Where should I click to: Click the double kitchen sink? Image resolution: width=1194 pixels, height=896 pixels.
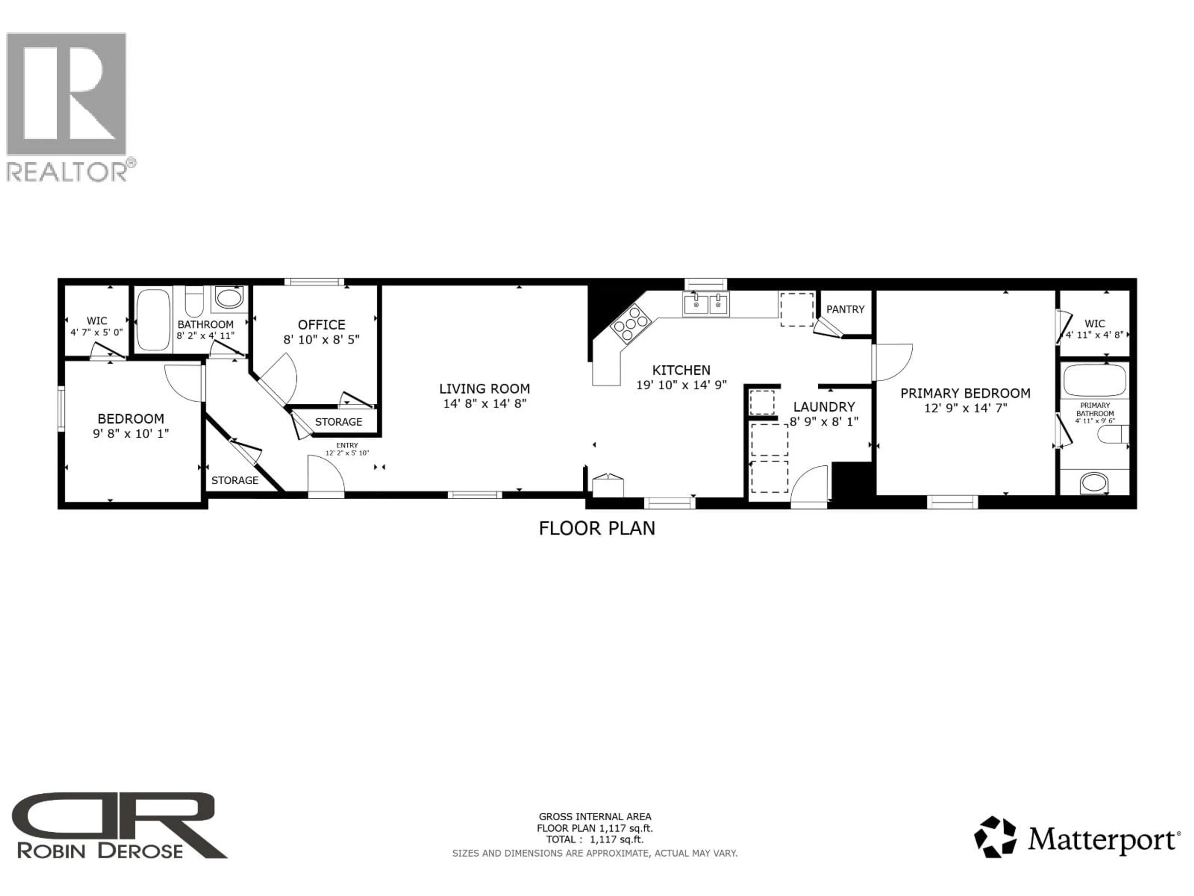click(x=706, y=304)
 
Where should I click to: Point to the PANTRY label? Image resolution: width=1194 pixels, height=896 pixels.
click(x=845, y=310)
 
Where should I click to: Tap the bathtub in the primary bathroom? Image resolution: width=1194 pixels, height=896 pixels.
click(x=1095, y=380)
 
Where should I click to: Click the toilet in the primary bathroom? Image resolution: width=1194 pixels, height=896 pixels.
click(x=1112, y=434)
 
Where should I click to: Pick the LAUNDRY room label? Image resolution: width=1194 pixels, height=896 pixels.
click(x=824, y=407)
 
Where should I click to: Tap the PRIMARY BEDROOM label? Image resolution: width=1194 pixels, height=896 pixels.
click(x=965, y=393)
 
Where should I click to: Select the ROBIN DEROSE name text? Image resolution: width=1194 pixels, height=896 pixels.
click(x=100, y=851)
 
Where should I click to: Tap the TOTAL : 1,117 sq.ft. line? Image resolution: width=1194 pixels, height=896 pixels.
click(x=594, y=839)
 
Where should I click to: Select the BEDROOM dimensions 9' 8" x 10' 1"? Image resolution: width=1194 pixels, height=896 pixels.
click(x=131, y=433)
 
